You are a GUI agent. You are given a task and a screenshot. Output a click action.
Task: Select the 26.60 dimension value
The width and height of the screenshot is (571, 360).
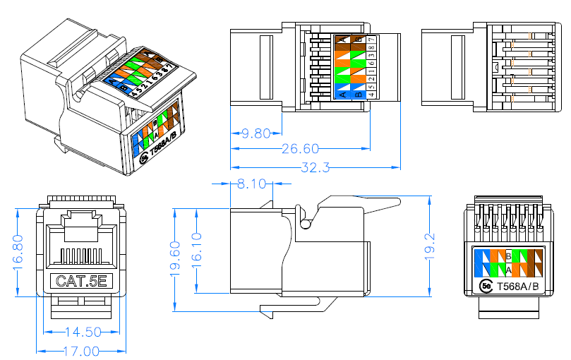300,149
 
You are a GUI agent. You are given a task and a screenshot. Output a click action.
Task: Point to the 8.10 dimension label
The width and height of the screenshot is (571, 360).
251,184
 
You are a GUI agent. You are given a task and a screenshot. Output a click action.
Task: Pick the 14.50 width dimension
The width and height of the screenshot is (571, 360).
83,332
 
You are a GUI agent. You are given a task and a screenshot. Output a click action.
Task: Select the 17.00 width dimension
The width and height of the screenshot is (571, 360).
80,351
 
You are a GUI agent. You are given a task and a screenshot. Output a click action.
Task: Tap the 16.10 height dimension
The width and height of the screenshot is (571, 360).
196,251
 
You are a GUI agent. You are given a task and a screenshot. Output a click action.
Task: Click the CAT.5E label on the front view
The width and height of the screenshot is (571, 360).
81,282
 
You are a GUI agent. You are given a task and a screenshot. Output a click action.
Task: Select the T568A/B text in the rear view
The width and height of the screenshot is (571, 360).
518,286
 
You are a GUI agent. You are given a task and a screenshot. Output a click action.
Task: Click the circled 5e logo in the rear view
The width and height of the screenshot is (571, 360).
486,286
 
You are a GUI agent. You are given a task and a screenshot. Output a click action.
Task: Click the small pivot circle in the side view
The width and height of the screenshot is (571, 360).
304,224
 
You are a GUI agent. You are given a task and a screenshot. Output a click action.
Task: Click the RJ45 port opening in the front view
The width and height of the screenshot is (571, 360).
82,244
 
